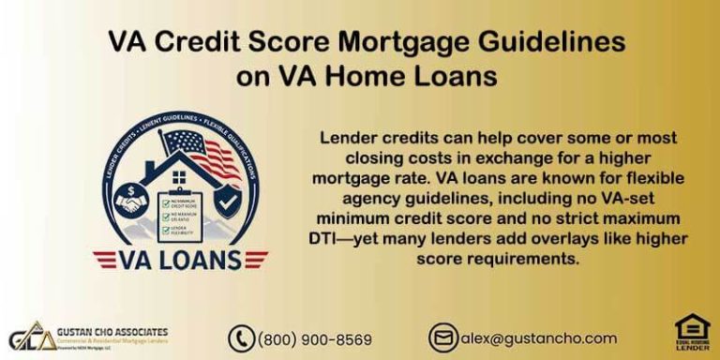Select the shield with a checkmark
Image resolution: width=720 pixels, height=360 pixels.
(x=227, y=200)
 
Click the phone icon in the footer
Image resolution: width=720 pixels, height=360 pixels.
(x=241, y=338)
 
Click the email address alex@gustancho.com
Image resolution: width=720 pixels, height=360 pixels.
(x=538, y=338)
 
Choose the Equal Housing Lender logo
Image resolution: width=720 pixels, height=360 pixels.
(x=692, y=335)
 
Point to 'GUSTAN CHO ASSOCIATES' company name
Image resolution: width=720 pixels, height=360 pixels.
(x=112, y=331)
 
